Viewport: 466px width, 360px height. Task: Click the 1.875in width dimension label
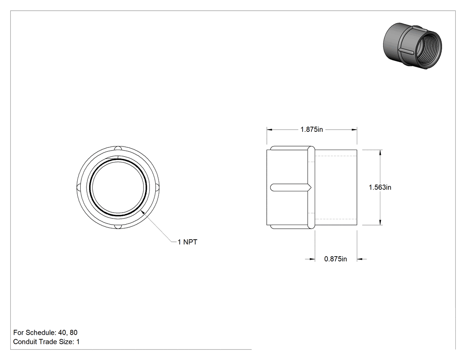(x=312, y=130)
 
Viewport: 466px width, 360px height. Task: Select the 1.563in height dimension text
(x=380, y=187)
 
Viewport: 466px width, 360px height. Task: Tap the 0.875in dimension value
(x=336, y=259)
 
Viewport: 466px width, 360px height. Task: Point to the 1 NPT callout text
(x=188, y=242)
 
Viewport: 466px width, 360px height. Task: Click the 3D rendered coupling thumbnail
(x=412, y=47)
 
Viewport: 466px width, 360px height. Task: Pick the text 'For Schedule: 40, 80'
(x=45, y=332)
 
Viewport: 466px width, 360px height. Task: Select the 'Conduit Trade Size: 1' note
(x=46, y=342)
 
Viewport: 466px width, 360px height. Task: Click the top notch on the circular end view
(x=118, y=149)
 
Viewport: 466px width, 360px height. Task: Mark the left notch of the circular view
(x=79, y=188)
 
